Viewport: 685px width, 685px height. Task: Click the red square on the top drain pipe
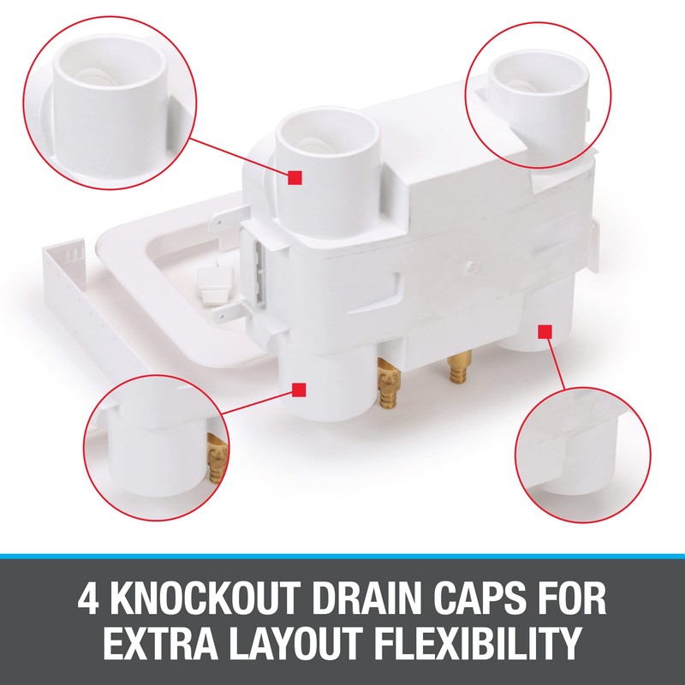click(295, 177)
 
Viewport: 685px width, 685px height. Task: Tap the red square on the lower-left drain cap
click(299, 390)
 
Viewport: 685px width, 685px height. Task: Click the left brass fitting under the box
click(387, 378)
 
